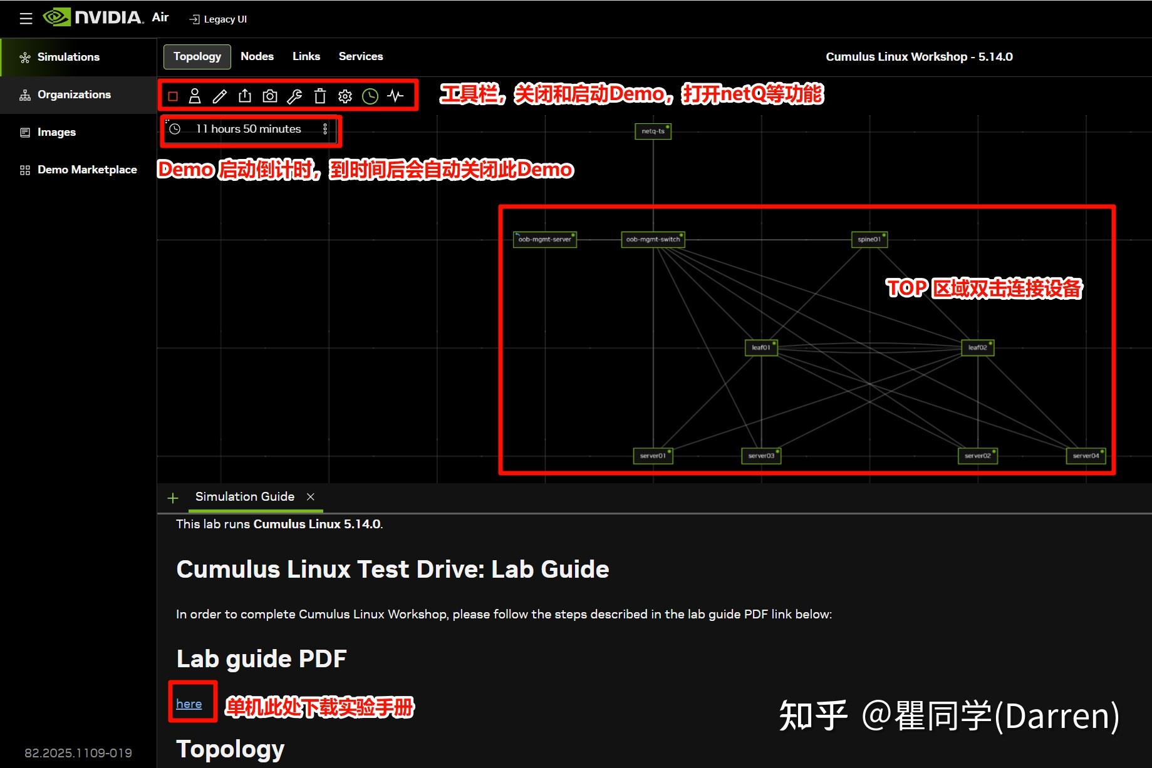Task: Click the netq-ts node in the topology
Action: (x=653, y=131)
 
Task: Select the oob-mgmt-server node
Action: (x=544, y=240)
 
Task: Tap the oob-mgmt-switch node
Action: (x=653, y=240)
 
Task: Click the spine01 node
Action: (x=869, y=240)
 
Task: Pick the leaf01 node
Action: (x=761, y=347)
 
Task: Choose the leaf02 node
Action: (x=977, y=347)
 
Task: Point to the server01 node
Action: (x=653, y=456)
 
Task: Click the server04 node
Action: (x=1086, y=456)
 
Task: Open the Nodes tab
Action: (x=257, y=56)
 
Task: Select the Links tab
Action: (x=306, y=56)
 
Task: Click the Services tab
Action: (x=361, y=56)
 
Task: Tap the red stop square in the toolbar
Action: (x=174, y=96)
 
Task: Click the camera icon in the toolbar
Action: (x=270, y=96)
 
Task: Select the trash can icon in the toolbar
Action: (x=320, y=96)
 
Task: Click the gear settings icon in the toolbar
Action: (x=345, y=96)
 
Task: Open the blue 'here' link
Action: (x=189, y=704)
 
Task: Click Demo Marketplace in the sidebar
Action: (x=87, y=170)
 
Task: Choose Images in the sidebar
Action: (x=56, y=132)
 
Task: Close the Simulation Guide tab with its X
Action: (x=310, y=496)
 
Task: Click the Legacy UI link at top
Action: (x=219, y=19)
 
